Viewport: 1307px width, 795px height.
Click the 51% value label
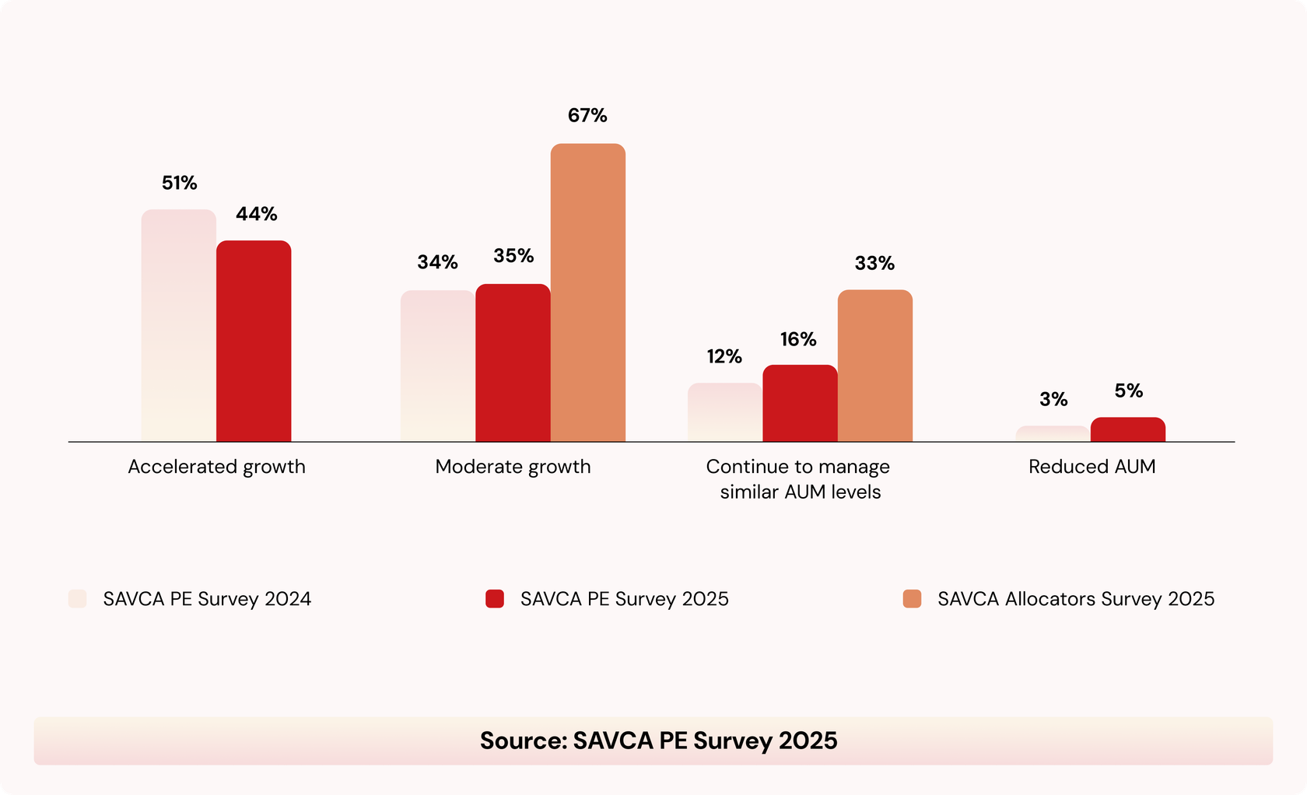tap(179, 183)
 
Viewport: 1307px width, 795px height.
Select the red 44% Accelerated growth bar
tap(254, 341)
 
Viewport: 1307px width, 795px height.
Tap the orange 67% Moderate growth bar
tap(587, 293)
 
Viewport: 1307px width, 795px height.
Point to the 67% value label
tap(587, 116)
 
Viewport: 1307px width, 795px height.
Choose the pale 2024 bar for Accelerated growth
tap(178, 326)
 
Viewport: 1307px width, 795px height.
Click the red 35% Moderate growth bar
tap(513, 363)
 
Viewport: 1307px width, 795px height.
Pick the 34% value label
tap(437, 263)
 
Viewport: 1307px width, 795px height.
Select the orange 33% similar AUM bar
tap(874, 366)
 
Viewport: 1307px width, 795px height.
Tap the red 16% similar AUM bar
tap(800, 404)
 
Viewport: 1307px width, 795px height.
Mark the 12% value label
tap(724, 357)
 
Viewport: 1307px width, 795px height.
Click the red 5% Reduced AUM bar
tap(1127, 430)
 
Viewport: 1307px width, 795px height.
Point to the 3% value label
tap(1053, 400)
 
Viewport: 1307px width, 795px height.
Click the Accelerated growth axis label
tap(216, 467)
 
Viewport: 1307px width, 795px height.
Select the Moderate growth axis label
tap(513, 467)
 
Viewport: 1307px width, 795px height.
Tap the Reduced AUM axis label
tap(1092, 467)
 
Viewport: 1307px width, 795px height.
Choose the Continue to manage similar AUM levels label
tap(799, 479)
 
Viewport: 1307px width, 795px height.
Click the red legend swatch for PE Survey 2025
tap(495, 599)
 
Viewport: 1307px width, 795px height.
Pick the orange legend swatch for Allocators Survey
tap(912, 599)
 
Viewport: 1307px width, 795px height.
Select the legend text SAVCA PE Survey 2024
tap(207, 599)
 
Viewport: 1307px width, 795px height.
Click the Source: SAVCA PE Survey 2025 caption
tap(658, 741)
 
